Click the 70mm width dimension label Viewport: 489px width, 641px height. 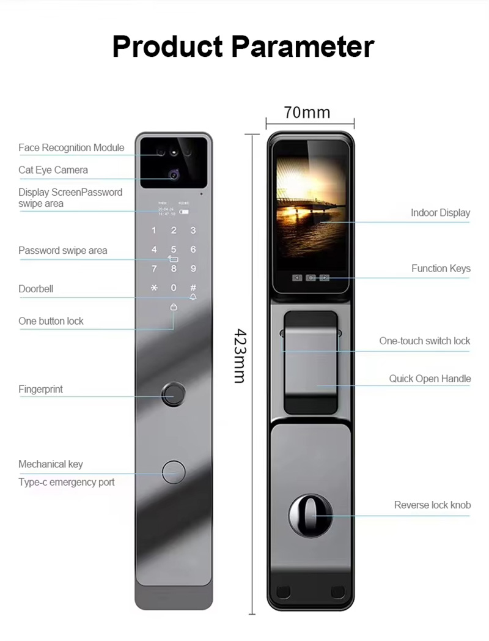[x=307, y=113]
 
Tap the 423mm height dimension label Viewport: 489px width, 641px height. [x=241, y=356]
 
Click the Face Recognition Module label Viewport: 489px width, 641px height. [x=71, y=147]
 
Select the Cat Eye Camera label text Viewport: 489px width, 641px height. [x=53, y=170]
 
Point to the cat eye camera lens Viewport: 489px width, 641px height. [x=174, y=176]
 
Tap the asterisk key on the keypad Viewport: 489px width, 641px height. [x=154, y=287]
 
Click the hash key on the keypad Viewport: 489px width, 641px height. [x=193, y=287]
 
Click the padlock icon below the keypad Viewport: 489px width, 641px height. [x=174, y=308]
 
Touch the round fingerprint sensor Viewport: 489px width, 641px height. [x=174, y=395]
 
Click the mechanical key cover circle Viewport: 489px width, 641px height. [x=174, y=472]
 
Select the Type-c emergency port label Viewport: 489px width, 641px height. [x=67, y=482]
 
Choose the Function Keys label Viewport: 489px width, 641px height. [x=441, y=268]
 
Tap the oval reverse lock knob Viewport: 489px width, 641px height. [x=311, y=516]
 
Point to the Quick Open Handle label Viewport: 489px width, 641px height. [x=430, y=379]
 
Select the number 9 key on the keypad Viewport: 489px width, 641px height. [x=193, y=268]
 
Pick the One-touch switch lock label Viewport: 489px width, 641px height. [x=424, y=341]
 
